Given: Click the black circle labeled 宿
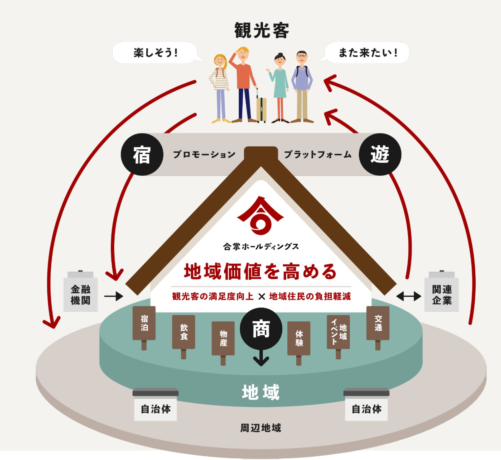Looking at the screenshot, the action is point(142,154).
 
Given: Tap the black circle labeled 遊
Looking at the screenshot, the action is point(380,154).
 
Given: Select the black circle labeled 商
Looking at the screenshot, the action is point(261,329).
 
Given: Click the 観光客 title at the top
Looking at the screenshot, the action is point(261,31).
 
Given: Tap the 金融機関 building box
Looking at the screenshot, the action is point(80,291).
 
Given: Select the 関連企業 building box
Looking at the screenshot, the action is point(442,291).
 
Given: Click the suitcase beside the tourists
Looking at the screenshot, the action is point(261,107).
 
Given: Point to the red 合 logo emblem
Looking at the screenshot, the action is point(260,215).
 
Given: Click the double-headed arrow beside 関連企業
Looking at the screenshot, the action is point(409,296).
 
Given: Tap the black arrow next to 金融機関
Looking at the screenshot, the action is point(114,296).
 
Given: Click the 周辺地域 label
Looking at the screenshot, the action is point(260,428).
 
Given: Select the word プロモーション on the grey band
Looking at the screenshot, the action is point(204,154).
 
